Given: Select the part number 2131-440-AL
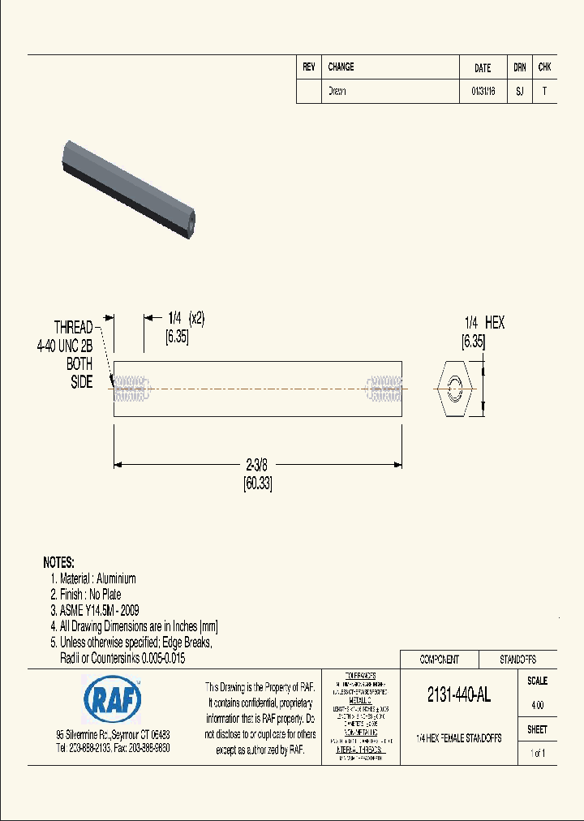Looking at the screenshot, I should click(458, 695).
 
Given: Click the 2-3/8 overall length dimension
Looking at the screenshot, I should click(256, 465).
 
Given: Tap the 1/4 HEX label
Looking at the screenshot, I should click(483, 323).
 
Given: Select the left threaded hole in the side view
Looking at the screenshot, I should click(132, 389).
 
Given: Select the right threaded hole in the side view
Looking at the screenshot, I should click(384, 389).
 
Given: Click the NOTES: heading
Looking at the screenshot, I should click(58, 562).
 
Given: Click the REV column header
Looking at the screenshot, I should click(309, 67).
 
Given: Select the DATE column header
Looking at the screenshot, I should click(483, 68).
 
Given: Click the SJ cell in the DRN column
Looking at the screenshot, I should click(519, 92).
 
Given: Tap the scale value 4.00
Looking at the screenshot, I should click(537, 705).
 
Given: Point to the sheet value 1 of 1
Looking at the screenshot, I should click(537, 753).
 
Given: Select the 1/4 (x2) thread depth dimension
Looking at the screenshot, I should click(186, 319).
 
